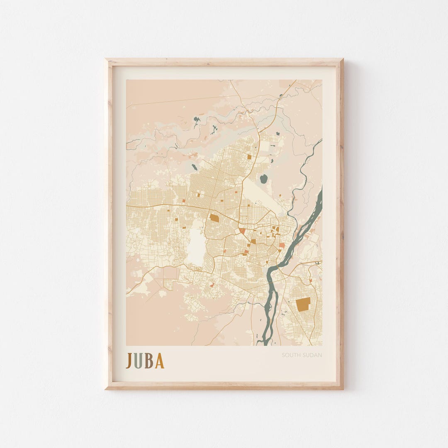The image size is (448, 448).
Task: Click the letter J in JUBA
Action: tap(129, 360)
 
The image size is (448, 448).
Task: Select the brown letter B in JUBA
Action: tap(149, 360)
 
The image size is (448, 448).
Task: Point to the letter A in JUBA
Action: tap(159, 360)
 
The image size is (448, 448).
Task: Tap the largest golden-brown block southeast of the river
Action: tap(303, 304)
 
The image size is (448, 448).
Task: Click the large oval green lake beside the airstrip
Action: tap(263, 179)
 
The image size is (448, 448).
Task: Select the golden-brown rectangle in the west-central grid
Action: tap(214, 218)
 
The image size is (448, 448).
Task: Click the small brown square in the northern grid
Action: tap(249, 156)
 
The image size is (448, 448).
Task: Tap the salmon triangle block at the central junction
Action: tap(242, 231)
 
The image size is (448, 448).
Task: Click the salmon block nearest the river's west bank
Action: tap(282, 246)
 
